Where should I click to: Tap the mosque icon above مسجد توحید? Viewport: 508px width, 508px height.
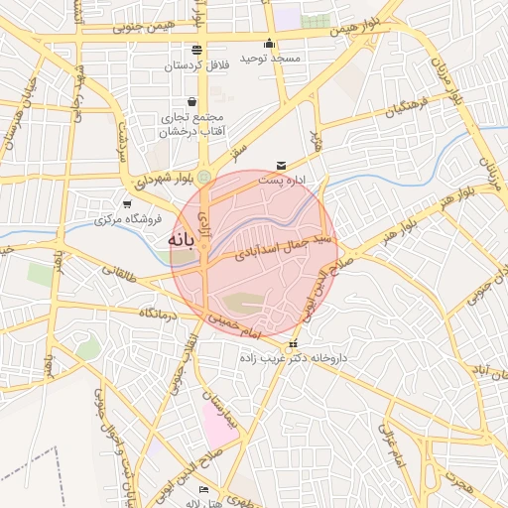click(x=269, y=44)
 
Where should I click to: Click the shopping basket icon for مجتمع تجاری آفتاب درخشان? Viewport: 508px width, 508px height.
click(x=191, y=102)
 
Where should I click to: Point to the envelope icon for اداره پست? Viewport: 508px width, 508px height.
click(x=281, y=165)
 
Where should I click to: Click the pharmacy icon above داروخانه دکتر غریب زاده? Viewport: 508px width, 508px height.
click(x=291, y=344)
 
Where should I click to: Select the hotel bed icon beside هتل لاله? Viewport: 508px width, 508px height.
click(x=203, y=490)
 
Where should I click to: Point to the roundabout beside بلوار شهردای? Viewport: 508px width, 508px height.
click(x=204, y=177)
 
